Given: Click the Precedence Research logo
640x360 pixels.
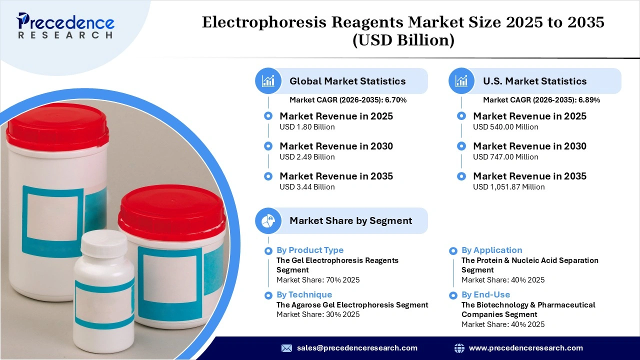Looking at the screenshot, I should click(65, 25).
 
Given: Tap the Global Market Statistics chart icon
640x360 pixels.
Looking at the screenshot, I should click(268, 81).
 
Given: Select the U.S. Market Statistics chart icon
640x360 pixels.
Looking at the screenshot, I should click(462, 81).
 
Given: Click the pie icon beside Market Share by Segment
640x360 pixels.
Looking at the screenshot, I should click(268, 220).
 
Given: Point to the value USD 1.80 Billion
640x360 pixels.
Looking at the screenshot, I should click(307, 127).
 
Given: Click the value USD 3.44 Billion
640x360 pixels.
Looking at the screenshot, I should click(307, 187).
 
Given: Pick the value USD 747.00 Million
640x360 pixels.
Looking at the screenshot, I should click(505, 157).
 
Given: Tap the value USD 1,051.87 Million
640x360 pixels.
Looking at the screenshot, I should click(508, 187).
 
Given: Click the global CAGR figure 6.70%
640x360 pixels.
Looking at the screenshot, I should click(395, 100).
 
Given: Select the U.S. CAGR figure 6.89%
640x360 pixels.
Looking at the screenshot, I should click(589, 100).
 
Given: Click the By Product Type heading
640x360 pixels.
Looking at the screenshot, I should click(310, 250).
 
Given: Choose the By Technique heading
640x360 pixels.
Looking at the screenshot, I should click(304, 294).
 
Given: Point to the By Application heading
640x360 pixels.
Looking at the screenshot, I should click(491, 250).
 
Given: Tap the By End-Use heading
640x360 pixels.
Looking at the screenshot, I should click(485, 294).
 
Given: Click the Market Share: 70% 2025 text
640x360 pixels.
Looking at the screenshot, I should click(318, 280).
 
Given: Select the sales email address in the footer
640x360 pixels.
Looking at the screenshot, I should click(357, 348).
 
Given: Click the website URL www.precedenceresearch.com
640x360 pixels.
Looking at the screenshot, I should click(525, 348).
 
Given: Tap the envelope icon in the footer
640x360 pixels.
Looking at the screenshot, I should click(286, 348).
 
